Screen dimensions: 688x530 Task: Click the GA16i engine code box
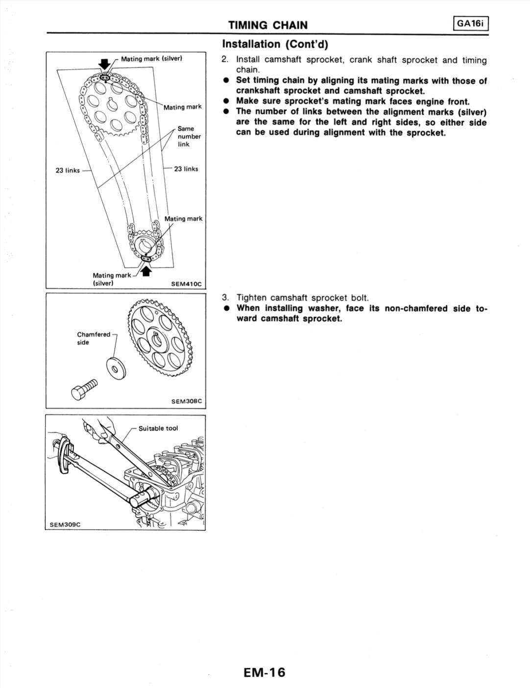pos(471,24)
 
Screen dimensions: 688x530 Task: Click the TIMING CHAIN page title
pos(268,25)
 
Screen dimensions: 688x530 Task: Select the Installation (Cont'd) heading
pos(275,44)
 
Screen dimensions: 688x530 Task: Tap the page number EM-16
pos(264,672)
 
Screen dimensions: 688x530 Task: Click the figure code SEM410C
pos(186,284)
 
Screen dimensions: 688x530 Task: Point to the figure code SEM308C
pos(186,401)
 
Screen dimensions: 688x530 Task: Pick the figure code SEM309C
pos(65,524)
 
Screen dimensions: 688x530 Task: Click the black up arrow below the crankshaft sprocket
pos(145,270)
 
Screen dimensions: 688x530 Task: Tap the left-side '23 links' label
pos(68,171)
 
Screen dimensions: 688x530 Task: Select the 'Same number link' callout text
pos(189,136)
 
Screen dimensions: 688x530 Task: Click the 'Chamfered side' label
pos(93,338)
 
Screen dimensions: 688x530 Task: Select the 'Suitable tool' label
pos(158,428)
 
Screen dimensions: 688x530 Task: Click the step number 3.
pos(225,297)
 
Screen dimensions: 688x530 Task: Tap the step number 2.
pos(225,60)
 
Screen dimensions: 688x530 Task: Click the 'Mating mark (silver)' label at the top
pos(151,59)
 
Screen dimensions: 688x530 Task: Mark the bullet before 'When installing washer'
pos(226,309)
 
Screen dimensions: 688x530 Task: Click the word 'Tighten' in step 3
pos(252,297)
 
